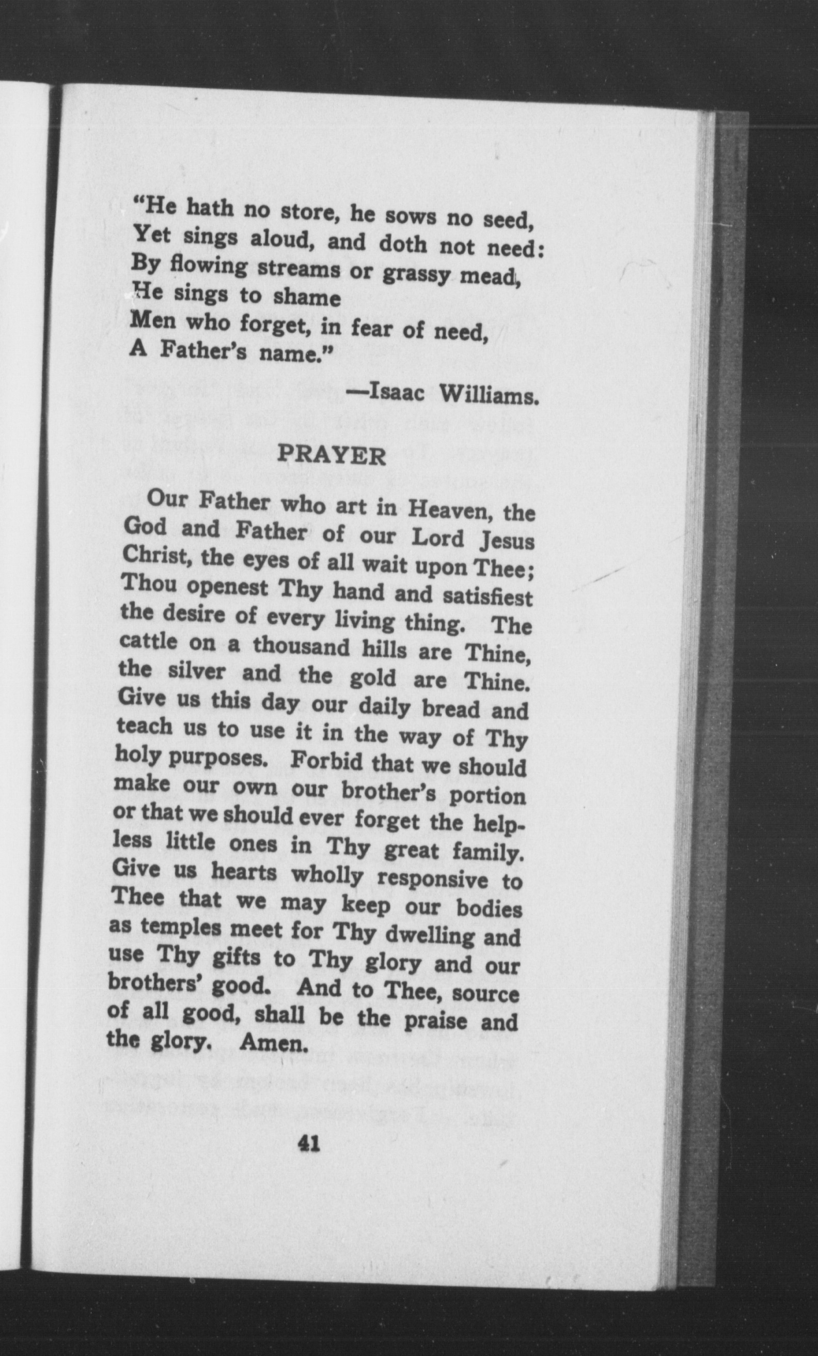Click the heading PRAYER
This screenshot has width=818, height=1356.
click(331, 456)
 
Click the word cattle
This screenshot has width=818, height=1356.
click(149, 642)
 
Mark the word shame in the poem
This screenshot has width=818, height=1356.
click(307, 298)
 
